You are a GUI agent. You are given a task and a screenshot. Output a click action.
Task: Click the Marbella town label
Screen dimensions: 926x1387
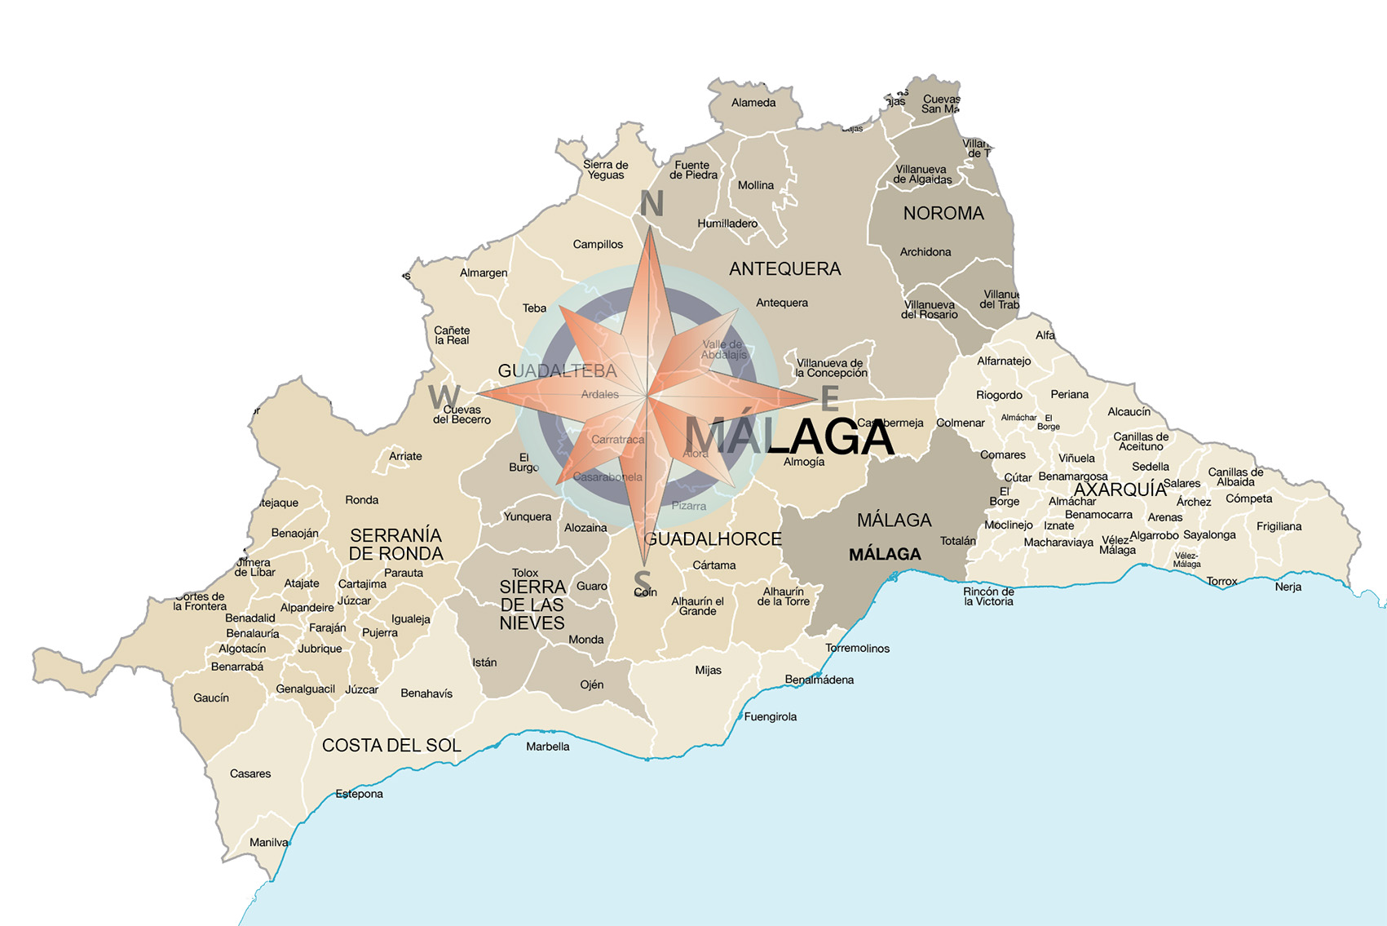coord(547,747)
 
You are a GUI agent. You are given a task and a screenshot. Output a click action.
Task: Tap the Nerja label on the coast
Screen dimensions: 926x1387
coord(1288,587)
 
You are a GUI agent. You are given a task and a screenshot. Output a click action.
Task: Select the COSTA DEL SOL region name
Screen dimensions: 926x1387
coord(391,745)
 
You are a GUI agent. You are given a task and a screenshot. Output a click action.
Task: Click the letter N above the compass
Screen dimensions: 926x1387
coord(651,204)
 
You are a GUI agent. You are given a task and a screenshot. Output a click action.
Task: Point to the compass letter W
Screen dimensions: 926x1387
coord(444,397)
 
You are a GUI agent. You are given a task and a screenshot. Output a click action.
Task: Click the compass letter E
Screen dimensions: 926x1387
coord(829,399)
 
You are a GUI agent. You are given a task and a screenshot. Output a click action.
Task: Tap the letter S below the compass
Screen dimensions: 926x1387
coord(643,583)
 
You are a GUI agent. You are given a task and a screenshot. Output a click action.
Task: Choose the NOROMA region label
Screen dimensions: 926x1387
coord(943,213)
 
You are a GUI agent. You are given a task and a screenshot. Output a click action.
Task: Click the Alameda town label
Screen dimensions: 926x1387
coord(753,103)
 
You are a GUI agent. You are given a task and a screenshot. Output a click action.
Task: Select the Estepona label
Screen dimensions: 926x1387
coord(359,794)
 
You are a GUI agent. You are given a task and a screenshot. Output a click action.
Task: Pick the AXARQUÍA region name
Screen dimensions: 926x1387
coord(1120,490)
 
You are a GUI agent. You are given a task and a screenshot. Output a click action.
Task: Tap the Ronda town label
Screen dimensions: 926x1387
coord(361,500)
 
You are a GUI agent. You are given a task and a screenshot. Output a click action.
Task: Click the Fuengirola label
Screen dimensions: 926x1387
coord(770,717)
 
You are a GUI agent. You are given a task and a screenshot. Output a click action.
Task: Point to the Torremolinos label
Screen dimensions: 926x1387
coord(857,649)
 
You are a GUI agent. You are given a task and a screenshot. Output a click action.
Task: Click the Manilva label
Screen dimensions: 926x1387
coord(268,843)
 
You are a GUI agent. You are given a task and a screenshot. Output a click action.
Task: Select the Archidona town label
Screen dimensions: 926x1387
coord(925,252)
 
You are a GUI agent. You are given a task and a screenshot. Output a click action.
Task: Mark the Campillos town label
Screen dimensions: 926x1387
coord(597,245)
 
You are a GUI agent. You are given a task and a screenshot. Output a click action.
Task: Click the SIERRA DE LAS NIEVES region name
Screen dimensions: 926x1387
coord(532,605)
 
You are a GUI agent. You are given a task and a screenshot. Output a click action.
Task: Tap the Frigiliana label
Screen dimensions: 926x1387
coord(1279,526)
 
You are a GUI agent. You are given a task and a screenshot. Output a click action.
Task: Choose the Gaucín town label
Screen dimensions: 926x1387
coord(210,698)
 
